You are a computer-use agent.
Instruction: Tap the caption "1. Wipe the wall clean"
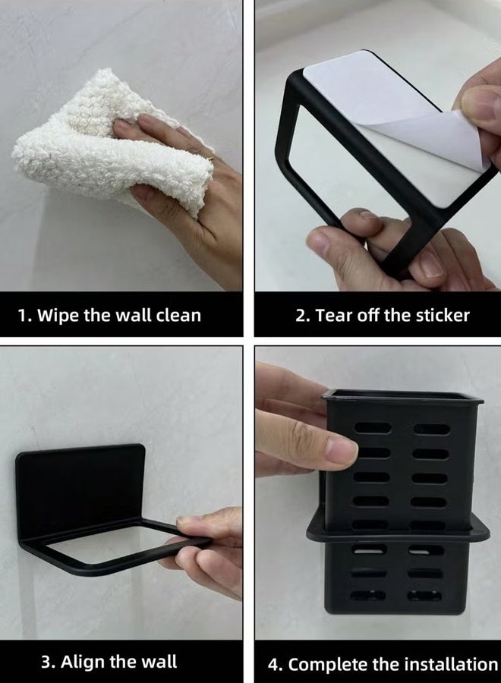tap(109, 315)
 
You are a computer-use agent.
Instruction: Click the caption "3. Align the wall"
tap(109, 661)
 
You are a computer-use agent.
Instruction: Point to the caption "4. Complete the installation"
tap(383, 664)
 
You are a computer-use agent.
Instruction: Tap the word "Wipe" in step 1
tap(59, 315)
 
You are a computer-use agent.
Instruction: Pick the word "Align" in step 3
tap(84, 661)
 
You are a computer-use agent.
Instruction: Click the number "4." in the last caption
tap(276, 664)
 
